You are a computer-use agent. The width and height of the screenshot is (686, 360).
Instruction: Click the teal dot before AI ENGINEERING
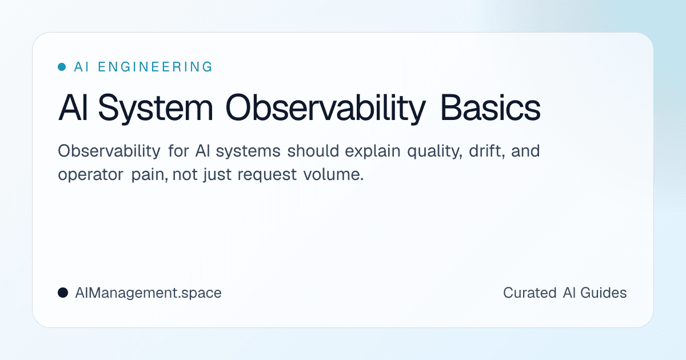coord(62,67)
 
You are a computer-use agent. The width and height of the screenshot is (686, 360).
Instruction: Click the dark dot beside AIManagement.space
coord(63,293)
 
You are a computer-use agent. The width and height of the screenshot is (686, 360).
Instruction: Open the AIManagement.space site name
coord(148,293)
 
